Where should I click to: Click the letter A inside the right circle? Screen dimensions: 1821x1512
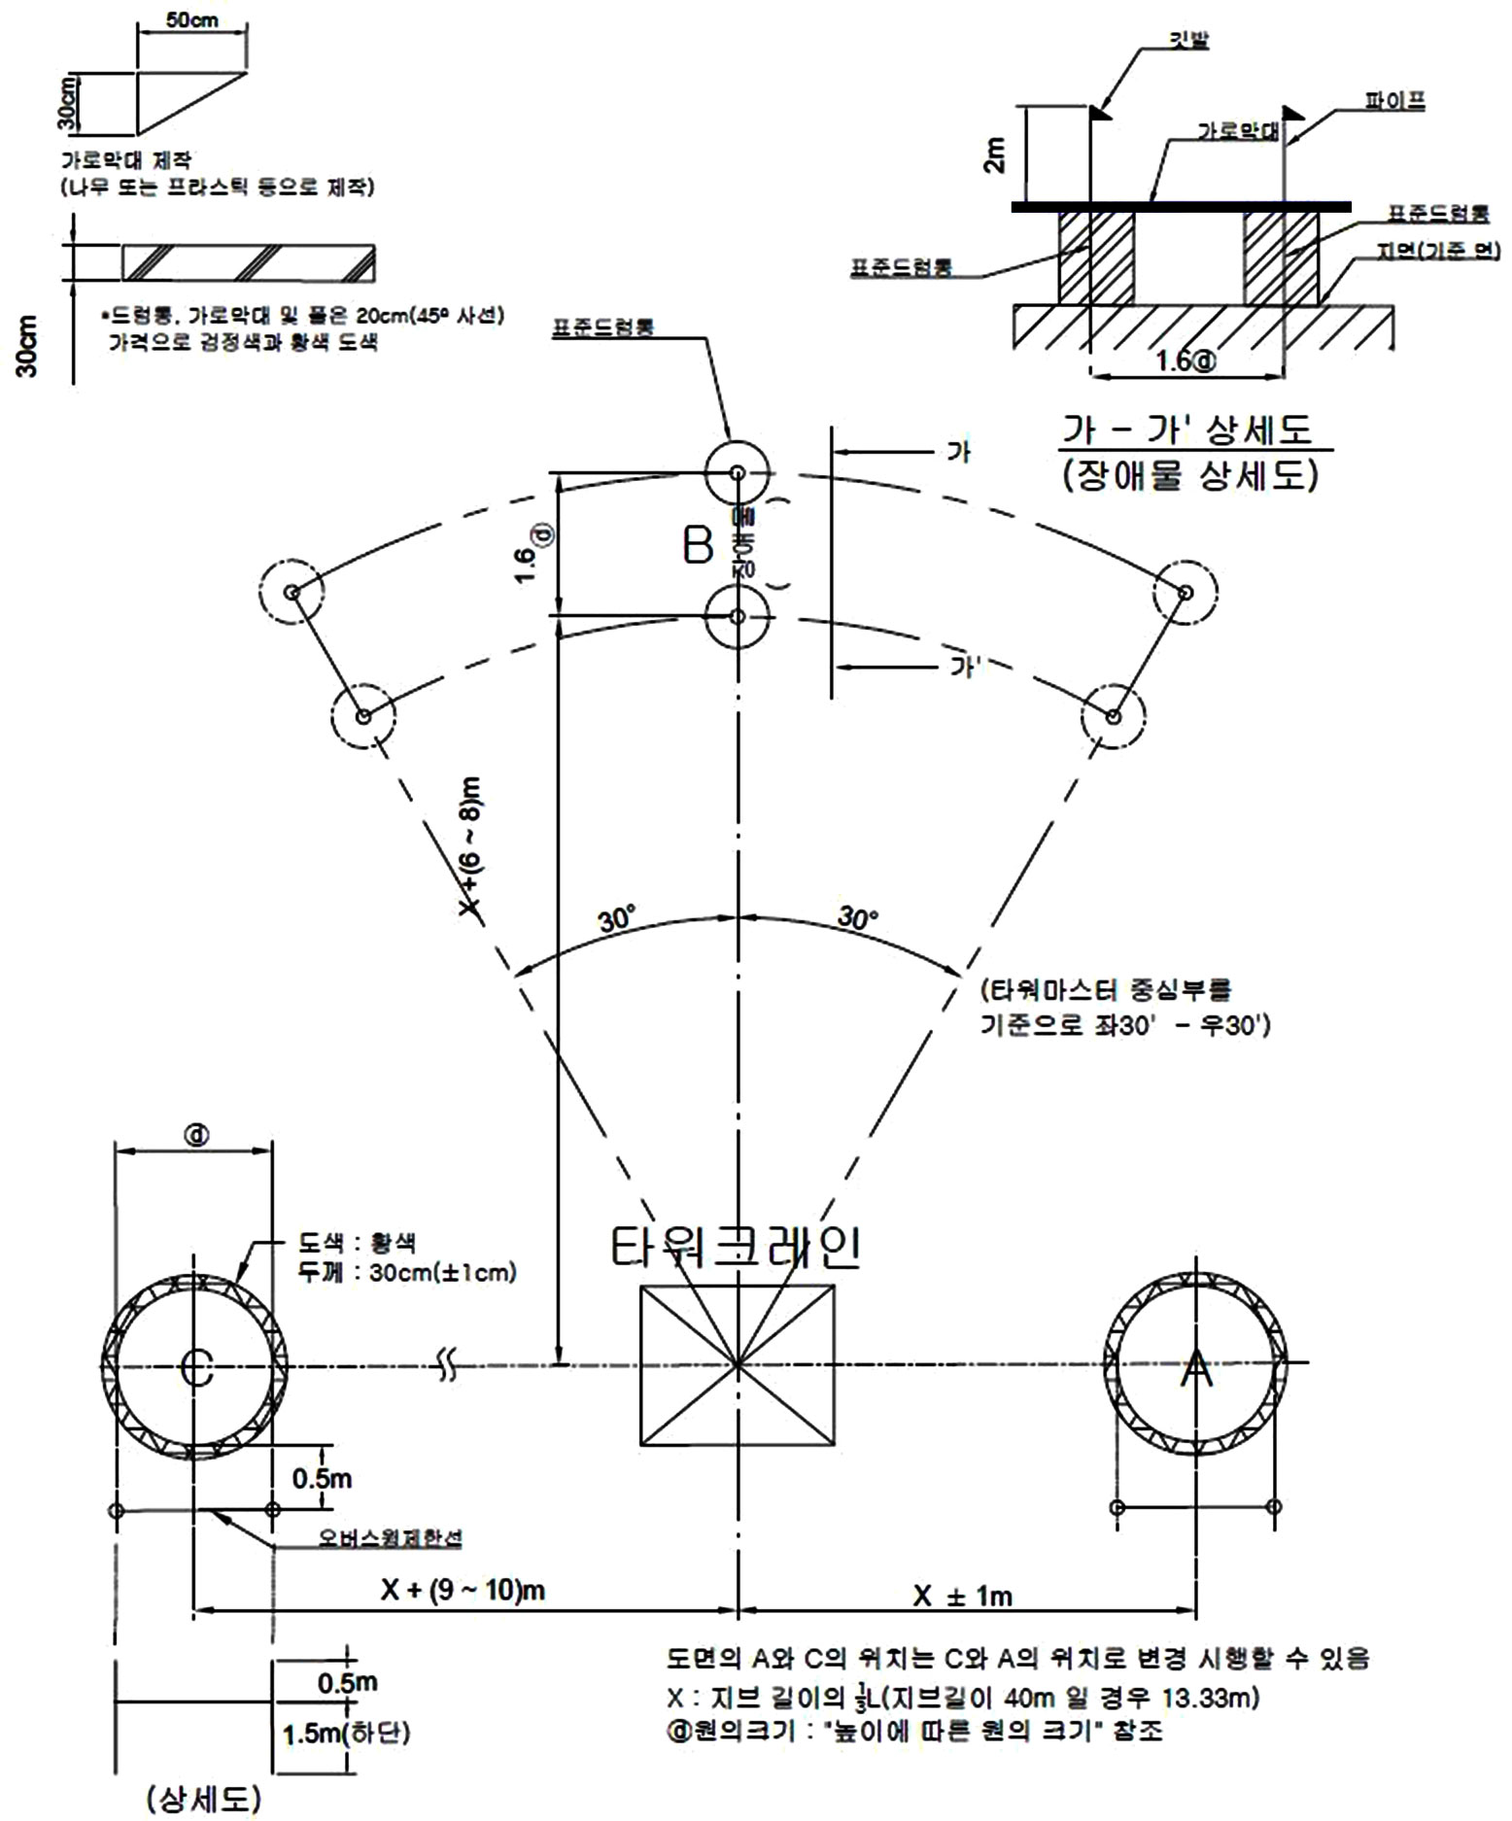tap(1196, 1370)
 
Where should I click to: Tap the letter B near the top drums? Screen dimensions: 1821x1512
tap(698, 546)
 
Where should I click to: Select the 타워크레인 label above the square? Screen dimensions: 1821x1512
tap(736, 1248)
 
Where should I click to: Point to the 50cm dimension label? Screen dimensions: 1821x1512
tap(191, 19)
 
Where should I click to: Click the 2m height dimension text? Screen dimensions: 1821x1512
tap(996, 153)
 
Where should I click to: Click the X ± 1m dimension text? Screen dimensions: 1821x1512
tap(962, 1595)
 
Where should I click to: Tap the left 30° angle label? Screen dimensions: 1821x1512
tap(616, 918)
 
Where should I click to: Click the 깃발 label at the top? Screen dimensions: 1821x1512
tap(1187, 41)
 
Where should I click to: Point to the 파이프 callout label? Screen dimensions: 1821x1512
tap(1394, 101)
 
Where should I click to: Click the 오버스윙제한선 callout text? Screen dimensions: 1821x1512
tap(391, 1538)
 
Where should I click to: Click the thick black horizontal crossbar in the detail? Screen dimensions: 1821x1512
tap(1180, 207)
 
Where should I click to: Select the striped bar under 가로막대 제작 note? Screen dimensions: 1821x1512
tap(248, 262)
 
